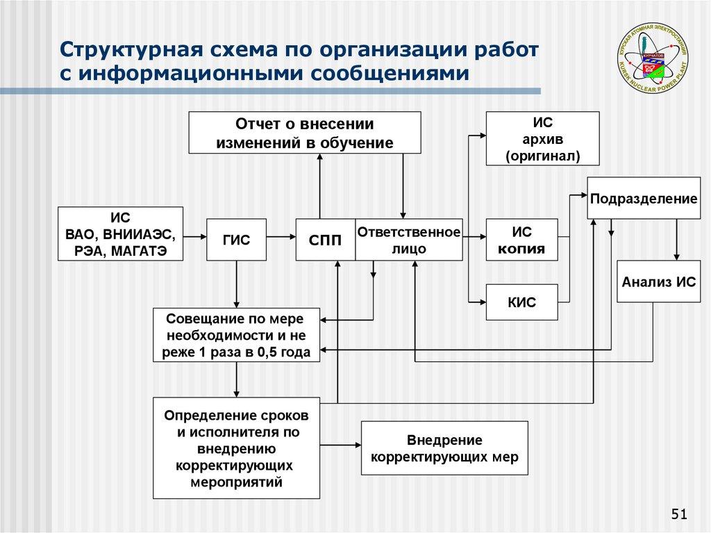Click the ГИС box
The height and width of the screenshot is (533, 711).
point(236,240)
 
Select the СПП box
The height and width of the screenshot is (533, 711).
point(325,240)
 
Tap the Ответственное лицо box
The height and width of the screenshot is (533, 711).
point(409,240)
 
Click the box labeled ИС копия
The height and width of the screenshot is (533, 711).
point(522,240)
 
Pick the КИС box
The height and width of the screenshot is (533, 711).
point(522,302)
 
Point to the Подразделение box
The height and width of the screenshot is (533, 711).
point(643,199)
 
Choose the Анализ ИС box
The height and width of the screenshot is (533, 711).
point(658,281)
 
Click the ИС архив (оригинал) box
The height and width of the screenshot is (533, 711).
point(542,138)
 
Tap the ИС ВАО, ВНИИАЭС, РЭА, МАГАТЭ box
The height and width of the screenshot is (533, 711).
point(121,233)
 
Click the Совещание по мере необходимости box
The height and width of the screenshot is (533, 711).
point(237,335)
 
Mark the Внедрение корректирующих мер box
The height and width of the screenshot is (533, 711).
point(444,448)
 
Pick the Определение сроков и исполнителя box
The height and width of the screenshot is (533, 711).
point(236,448)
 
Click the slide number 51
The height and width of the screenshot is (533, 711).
point(678,514)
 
